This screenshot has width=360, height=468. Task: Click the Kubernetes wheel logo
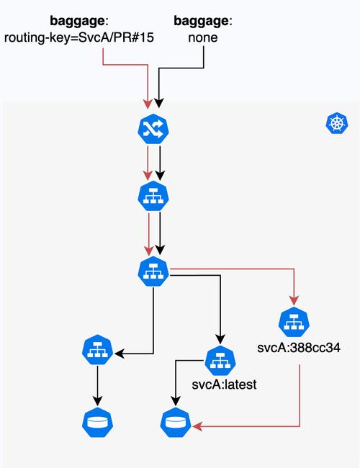336,123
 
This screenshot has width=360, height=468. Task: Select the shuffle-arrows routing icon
153,129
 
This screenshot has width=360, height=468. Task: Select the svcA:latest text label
225,384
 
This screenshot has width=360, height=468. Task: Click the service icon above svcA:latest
220,360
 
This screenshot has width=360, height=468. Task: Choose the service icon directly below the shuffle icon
153,197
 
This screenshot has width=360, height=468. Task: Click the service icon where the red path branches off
153,271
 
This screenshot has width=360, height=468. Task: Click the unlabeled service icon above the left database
97,351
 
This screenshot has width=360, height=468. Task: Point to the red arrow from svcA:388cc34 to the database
299,403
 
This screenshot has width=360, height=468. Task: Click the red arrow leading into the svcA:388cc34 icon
293,288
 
